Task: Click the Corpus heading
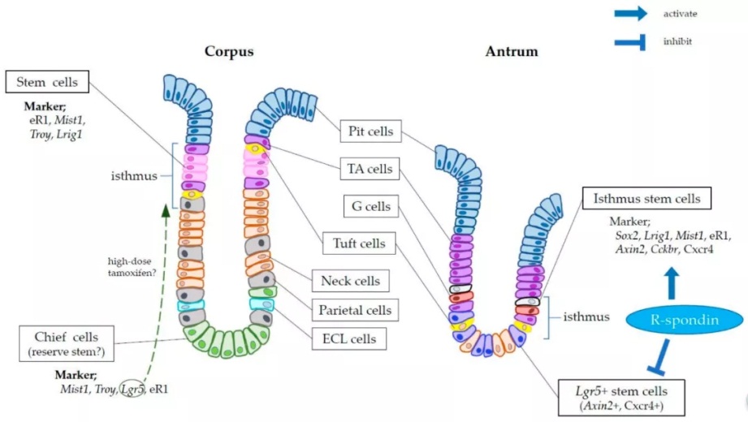[x=229, y=52]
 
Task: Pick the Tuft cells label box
[x=367, y=243]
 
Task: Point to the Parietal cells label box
[x=354, y=309]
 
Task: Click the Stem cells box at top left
[x=46, y=81]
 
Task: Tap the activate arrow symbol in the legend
[x=630, y=13]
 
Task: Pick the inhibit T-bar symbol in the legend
[x=630, y=41]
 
